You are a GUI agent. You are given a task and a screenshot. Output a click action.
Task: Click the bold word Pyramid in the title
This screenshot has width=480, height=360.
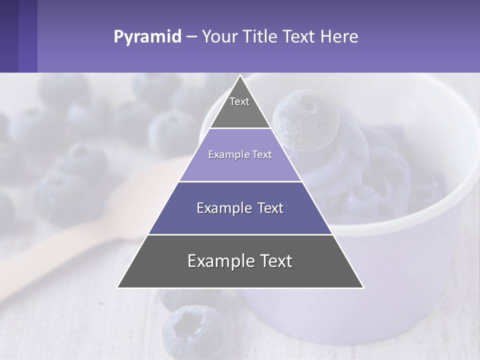coord(147,37)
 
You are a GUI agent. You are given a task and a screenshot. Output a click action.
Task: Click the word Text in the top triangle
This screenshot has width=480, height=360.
coord(239,101)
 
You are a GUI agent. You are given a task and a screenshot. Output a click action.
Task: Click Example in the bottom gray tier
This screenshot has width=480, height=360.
coord(220,261)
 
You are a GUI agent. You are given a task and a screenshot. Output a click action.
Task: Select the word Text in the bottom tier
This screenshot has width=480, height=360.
coord(274,261)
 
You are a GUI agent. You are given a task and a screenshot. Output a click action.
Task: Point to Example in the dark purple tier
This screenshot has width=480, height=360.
coord(220,208)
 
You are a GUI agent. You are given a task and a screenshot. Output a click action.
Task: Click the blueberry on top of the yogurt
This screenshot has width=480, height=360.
coord(306,120)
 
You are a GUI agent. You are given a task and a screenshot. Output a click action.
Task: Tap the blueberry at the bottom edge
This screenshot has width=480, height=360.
coord(194,332)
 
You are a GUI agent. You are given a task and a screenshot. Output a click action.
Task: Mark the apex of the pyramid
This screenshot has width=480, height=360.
coord(240,76)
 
